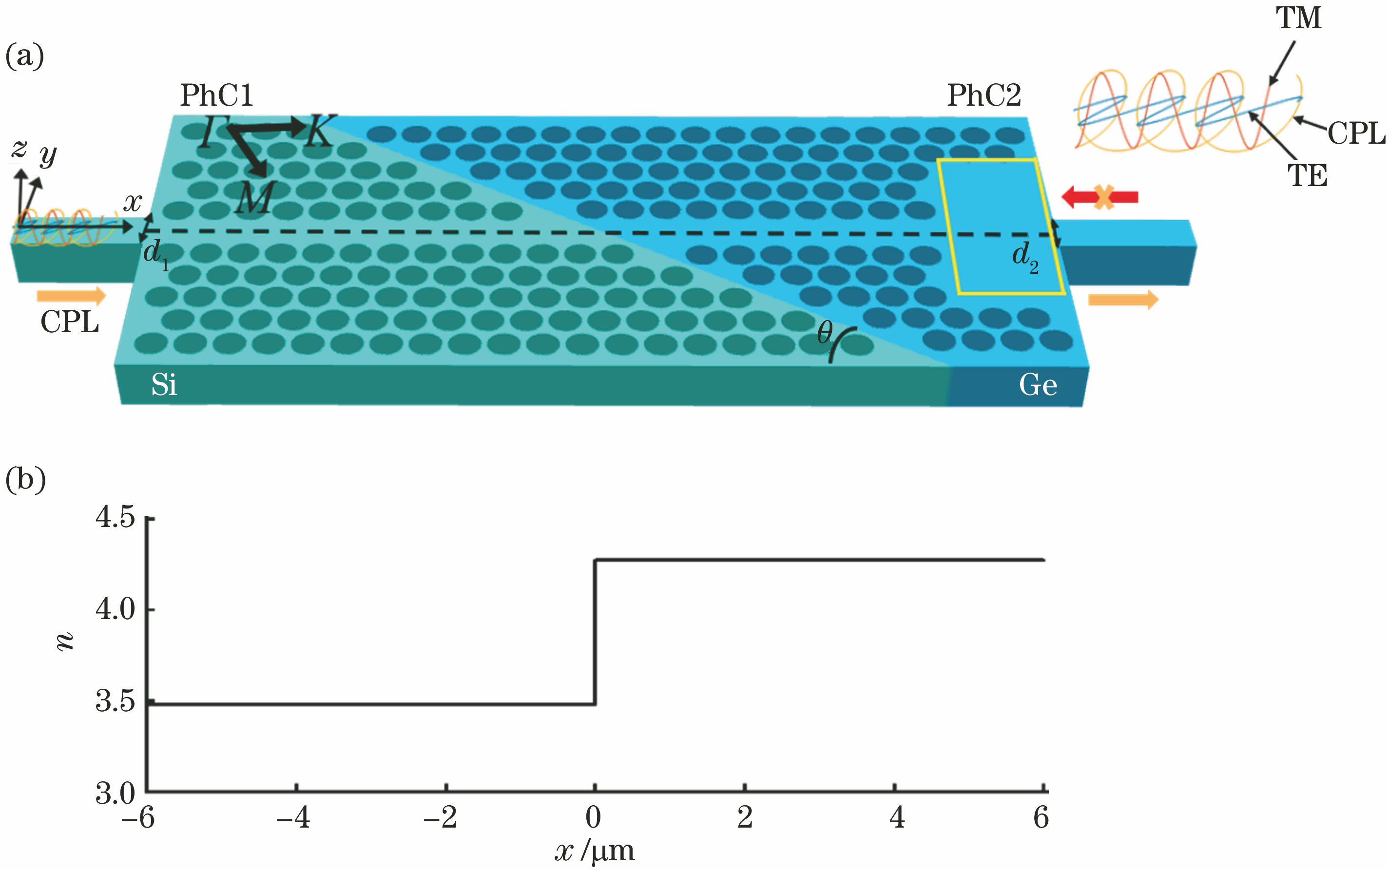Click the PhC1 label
217,95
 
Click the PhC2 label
984,95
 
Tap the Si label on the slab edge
164,384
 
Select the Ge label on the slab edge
1038,384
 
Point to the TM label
1299,18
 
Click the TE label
1307,175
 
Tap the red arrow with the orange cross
1099,197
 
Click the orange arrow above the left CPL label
71,296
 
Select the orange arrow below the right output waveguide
1123,300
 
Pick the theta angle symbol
825,332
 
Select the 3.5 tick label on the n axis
115,701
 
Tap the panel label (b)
25,479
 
